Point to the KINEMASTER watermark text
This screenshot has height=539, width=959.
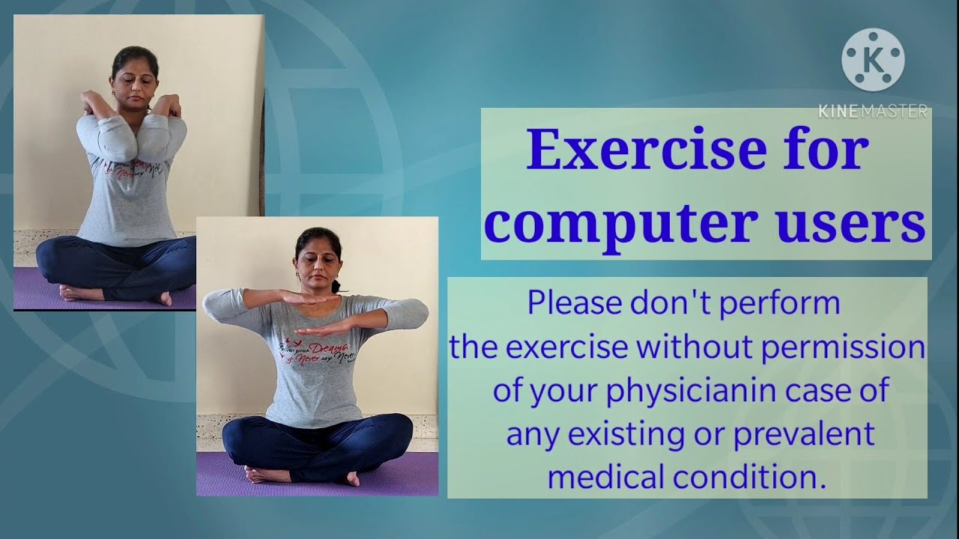click(873, 112)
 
